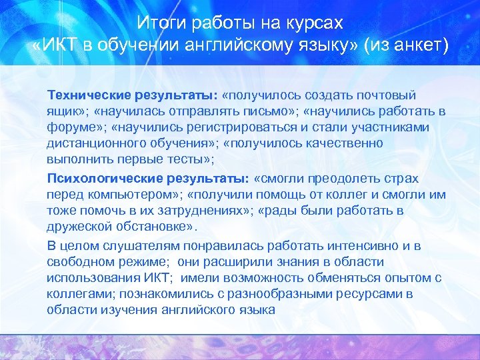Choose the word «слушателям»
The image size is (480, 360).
tap(133, 246)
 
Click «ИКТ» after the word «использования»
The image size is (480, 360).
tap(159, 277)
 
